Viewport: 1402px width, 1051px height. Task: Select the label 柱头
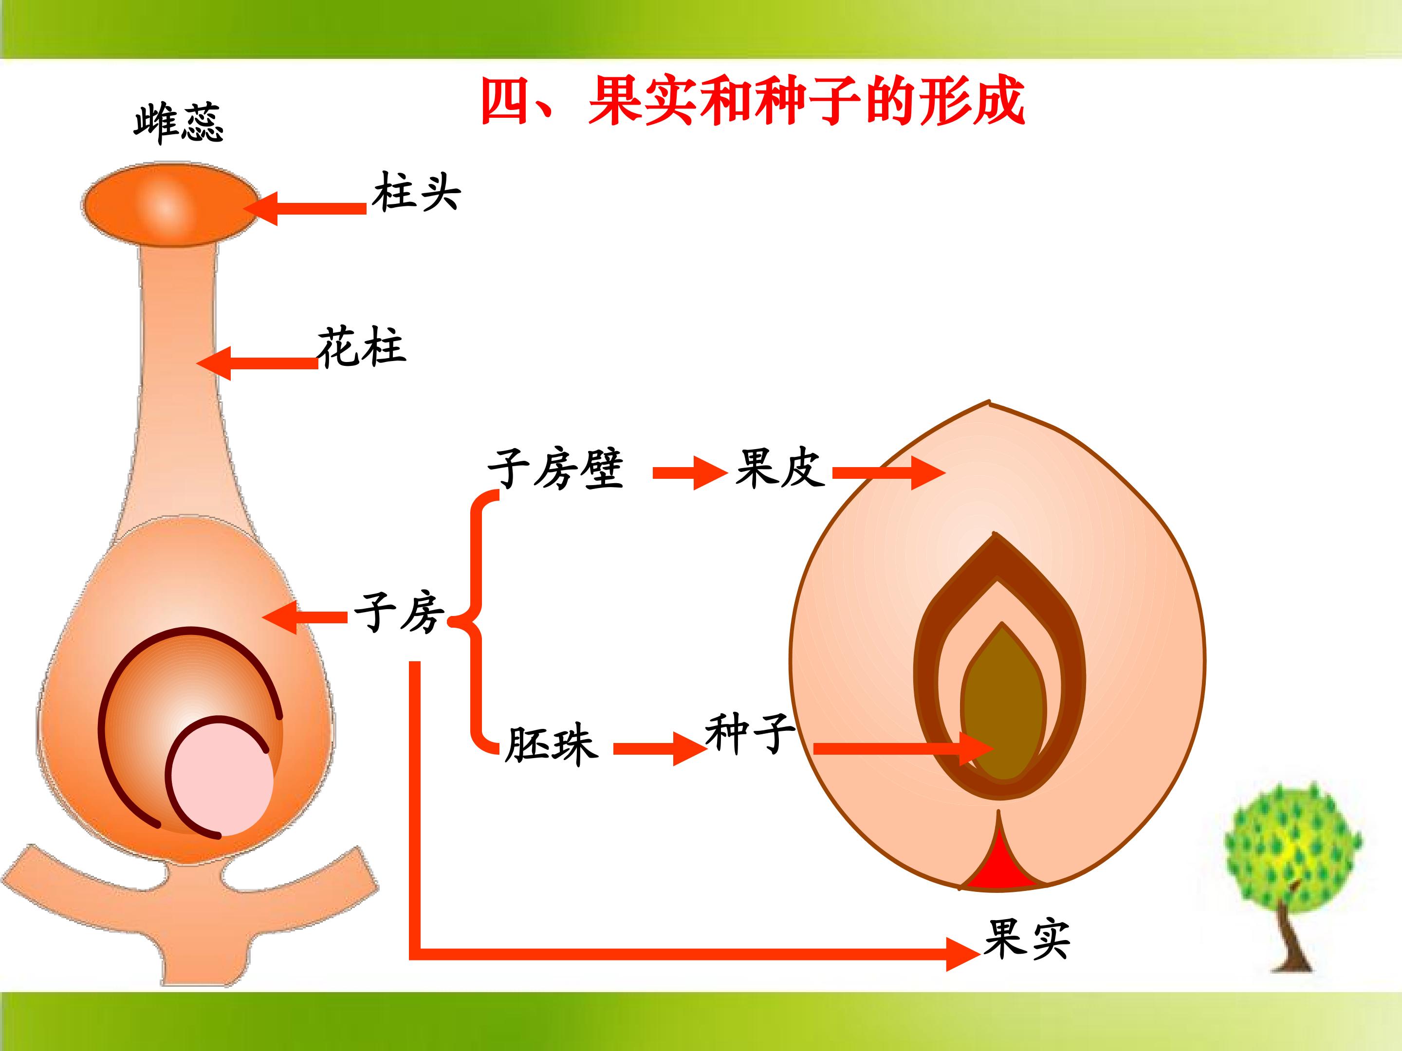[x=416, y=191]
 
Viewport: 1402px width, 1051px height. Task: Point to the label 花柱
[x=361, y=346]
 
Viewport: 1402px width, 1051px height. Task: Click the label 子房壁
[x=555, y=470]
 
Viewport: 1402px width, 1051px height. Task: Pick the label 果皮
[x=779, y=468]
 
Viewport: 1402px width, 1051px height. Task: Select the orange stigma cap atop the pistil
[x=169, y=204]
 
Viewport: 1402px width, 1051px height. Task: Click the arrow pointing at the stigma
[x=305, y=208]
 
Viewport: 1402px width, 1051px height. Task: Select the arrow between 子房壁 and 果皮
[x=690, y=472]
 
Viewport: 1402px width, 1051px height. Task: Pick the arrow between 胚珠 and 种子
[x=660, y=749]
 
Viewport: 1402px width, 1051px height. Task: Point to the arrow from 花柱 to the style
[x=257, y=363]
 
